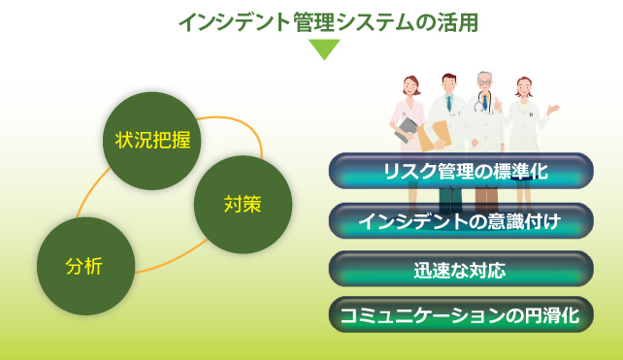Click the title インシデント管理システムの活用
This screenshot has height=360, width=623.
[x=328, y=22]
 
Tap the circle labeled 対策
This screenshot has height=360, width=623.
[x=243, y=204]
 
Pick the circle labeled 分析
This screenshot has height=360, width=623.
[x=84, y=266]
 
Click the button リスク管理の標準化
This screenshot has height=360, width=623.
[x=461, y=172]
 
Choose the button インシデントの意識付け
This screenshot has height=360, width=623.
[x=461, y=220]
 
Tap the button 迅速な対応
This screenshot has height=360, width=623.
[x=461, y=268]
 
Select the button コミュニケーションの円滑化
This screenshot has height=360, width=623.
[x=461, y=314]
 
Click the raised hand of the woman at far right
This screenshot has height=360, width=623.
[x=553, y=110]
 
